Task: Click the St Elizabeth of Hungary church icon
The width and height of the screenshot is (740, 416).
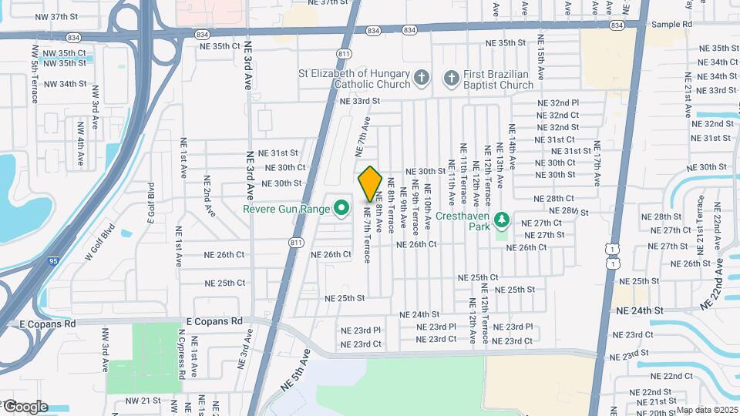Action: (421, 77)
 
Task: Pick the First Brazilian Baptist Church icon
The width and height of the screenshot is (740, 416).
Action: (449, 77)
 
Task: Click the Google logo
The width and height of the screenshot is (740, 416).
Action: (25, 406)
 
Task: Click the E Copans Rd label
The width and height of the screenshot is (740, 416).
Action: (214, 320)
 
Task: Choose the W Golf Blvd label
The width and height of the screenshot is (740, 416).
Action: (99, 243)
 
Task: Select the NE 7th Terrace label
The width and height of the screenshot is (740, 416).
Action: (367, 234)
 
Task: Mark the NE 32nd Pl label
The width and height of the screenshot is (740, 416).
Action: (558, 102)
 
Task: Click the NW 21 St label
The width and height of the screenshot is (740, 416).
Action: (142, 401)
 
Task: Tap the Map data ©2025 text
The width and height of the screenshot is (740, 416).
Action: (708, 410)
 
